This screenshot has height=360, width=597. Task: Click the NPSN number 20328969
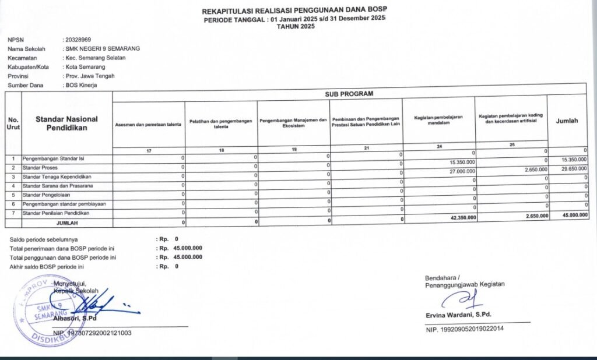coord(79,40)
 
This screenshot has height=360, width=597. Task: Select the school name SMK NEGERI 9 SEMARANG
coord(103,49)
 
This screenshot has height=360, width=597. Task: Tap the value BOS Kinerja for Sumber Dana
coord(81,85)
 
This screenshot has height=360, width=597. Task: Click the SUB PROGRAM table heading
coord(349,94)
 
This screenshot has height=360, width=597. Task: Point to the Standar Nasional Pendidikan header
coord(66,123)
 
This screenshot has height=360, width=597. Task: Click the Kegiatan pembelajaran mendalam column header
coord(438,120)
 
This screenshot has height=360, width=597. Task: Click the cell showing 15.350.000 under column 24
coord(463,161)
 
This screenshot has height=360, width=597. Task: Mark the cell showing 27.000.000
coord(463,171)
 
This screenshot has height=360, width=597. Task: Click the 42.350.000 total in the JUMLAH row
coord(463,217)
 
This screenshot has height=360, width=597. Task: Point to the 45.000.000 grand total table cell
coord(573,216)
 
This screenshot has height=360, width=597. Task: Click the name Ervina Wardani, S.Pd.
coord(458,315)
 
